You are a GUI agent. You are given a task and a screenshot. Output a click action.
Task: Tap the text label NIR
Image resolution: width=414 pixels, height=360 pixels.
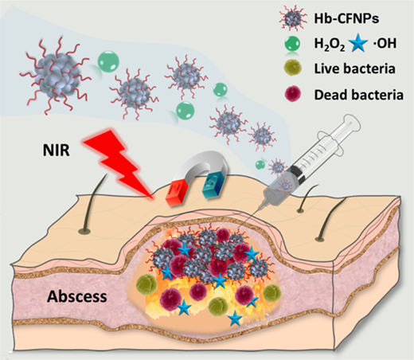pyautogui.click(x=57, y=150)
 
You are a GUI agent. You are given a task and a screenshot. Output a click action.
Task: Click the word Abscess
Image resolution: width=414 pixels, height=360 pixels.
pyautogui.click(x=77, y=296)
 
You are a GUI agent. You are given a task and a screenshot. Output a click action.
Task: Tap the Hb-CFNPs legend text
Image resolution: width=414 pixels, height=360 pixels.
pyautogui.click(x=346, y=18)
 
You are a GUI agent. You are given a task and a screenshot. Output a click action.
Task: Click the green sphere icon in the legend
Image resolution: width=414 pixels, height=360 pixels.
pyautogui.click(x=292, y=44)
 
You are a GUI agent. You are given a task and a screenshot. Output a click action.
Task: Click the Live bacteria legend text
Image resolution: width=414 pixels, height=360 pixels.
pyautogui.click(x=355, y=68)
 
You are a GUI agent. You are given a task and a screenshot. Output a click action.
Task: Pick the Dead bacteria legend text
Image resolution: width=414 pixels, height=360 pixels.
pyautogui.click(x=359, y=95)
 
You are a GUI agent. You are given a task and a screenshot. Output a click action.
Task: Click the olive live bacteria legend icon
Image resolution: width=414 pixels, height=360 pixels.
pyautogui.click(x=292, y=68)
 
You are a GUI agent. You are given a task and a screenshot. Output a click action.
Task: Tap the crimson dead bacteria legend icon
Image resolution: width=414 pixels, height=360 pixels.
pyautogui.click(x=292, y=94)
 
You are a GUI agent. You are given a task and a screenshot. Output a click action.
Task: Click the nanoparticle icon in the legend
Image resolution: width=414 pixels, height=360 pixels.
pyautogui.click(x=292, y=18)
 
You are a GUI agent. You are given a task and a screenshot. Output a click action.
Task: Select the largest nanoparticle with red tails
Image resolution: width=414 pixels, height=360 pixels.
pyautogui.click(x=57, y=74)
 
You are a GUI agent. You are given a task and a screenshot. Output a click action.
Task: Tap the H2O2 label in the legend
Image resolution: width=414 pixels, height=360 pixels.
pyautogui.click(x=330, y=44)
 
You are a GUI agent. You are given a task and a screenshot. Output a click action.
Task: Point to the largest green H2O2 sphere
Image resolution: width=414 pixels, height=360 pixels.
pyautogui.click(x=108, y=61)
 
